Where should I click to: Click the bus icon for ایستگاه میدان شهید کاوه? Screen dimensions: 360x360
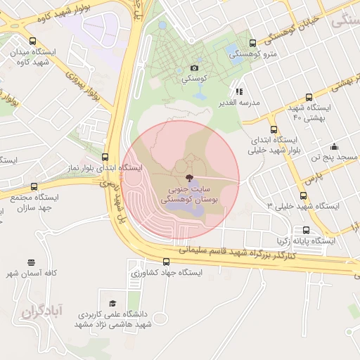33,41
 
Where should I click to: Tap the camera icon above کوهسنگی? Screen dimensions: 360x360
194,68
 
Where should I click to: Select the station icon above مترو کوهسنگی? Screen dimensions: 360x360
253,44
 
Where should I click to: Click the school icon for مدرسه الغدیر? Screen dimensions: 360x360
239,91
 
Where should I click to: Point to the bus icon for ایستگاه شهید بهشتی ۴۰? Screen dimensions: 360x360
309,97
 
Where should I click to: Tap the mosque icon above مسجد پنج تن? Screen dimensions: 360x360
334,147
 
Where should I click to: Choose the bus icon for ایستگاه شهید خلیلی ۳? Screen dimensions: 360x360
304,195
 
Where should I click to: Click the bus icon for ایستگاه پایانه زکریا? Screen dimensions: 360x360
306,230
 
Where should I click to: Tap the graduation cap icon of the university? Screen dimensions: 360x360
113,303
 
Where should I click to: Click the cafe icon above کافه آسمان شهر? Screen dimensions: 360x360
30,262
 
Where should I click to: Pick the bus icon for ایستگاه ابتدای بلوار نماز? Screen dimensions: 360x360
105,157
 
